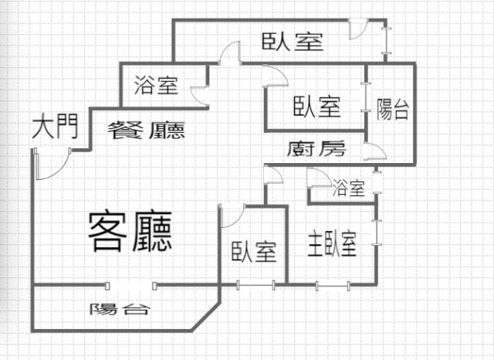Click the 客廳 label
tap(130, 231)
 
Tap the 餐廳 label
tap(146, 131)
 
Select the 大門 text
tap(55, 127)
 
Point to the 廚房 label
tap(316, 148)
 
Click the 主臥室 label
tap(332, 244)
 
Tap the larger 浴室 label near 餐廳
tap(156, 85)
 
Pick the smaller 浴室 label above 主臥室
tap(348, 188)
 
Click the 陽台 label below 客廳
tap(119, 309)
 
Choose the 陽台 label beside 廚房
tap(393, 110)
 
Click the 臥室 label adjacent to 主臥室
tap(254, 252)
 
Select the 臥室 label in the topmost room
tap(293, 42)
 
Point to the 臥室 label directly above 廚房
tap(317, 107)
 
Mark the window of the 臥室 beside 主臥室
tap(255, 285)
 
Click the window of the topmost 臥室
tap(386, 41)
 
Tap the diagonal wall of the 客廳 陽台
tap(206, 316)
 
